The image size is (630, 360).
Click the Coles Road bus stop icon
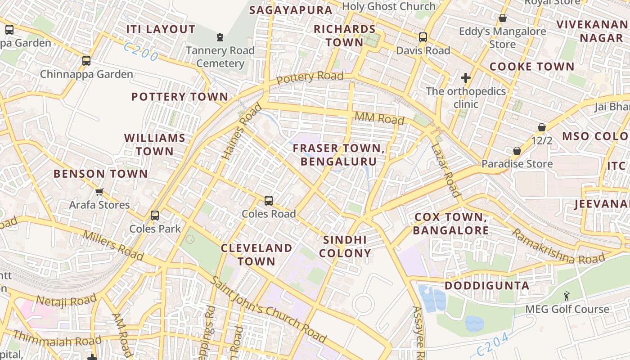point(269,200)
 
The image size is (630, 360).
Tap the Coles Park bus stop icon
point(155,216)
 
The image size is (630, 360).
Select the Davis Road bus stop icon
point(423,37)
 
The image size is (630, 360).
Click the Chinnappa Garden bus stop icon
point(86,60)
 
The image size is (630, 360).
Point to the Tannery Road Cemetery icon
point(220,37)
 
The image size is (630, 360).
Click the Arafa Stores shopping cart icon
point(99,192)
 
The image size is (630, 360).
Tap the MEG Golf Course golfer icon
point(567,296)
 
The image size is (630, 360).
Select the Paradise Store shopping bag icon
point(517,150)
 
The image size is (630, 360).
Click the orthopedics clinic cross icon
point(466,78)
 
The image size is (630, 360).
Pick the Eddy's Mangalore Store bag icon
point(502,18)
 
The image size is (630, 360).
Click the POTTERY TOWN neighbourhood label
point(180,97)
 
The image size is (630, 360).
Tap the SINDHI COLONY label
point(345,246)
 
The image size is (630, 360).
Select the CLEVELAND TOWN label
point(256,254)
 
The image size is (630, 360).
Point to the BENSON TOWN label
point(100,174)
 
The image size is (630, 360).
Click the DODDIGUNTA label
point(487,286)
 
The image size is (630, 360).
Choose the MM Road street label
point(379,118)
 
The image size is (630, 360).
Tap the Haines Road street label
point(242,131)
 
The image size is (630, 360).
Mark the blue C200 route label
point(141,52)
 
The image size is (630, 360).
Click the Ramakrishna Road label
point(558,247)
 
